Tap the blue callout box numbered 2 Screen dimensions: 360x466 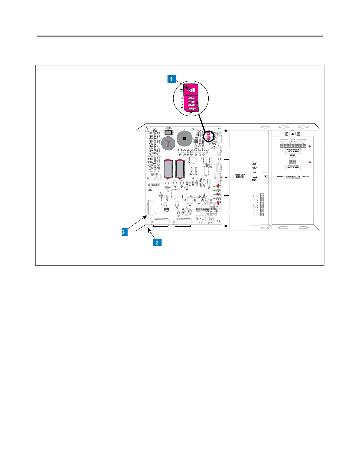pyautogui.click(x=157, y=243)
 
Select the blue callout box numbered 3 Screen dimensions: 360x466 pyautogui.click(x=123, y=232)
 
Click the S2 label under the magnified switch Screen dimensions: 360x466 pyautogui.click(x=190, y=113)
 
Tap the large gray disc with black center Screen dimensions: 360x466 pyautogui.click(x=185, y=138)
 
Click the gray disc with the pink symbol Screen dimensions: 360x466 pyautogui.click(x=168, y=143)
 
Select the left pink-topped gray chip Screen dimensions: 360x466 pyautogui.click(x=168, y=169)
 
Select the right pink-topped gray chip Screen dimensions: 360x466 pyautogui.click(x=180, y=169)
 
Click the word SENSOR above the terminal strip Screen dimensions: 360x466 pyautogui.click(x=292, y=140)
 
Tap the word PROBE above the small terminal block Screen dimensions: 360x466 pyautogui.click(x=293, y=155)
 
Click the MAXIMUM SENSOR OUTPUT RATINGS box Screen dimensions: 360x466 pyautogui.click(x=293, y=151)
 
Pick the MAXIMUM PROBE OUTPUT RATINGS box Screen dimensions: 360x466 pyautogui.click(x=293, y=167)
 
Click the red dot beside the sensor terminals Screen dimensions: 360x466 pyautogui.click(x=309, y=146)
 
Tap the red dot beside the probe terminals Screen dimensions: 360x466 pyautogui.click(x=309, y=162)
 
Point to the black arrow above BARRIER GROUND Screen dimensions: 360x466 pyautogui.click(x=255, y=177)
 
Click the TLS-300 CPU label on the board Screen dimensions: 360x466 pyautogui.click(x=211, y=215)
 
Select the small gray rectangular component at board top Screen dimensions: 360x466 pyautogui.click(x=168, y=133)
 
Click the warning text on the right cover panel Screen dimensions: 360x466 pyautogui.click(x=293, y=177)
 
